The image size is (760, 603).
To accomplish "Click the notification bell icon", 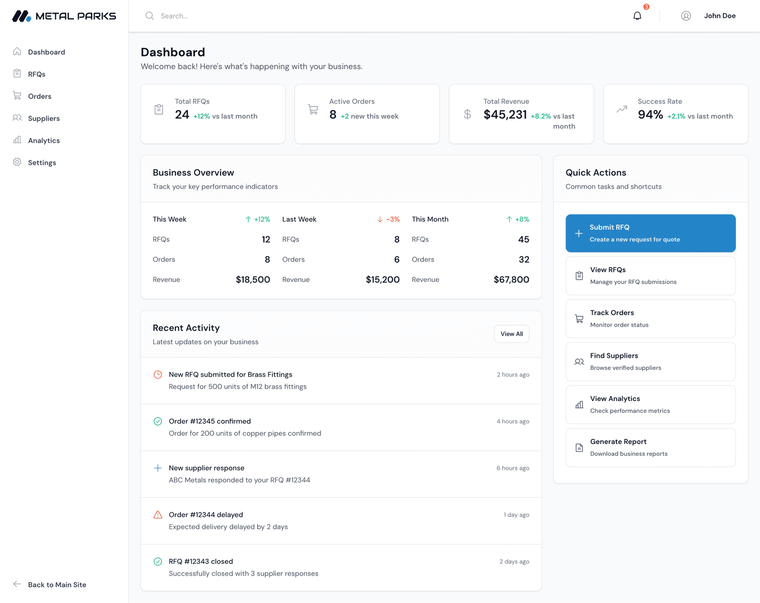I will point(637,16).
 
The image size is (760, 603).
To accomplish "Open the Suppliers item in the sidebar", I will point(44,119).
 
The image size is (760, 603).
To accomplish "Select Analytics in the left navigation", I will point(44,141).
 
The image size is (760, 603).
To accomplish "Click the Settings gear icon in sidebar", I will point(17,162).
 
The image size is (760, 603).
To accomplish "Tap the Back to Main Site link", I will point(57,584).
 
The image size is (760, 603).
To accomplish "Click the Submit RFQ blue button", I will point(650,233).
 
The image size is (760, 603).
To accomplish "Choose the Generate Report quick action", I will point(650,447).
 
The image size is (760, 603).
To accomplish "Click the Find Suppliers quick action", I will point(650,362).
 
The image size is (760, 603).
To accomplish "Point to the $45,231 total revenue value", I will point(505,115).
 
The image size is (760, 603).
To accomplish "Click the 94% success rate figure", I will point(650,115).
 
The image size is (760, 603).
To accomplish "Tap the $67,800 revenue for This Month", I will point(511,280).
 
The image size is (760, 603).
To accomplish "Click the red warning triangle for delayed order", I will point(158,515).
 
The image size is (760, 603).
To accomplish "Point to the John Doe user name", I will point(720,16).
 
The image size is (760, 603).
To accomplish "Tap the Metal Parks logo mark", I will point(22,16).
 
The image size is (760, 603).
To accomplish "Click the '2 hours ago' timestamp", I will point(513,375).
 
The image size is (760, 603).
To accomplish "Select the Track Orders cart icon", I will point(579,319).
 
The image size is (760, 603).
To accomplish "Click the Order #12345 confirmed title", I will point(210,421).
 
